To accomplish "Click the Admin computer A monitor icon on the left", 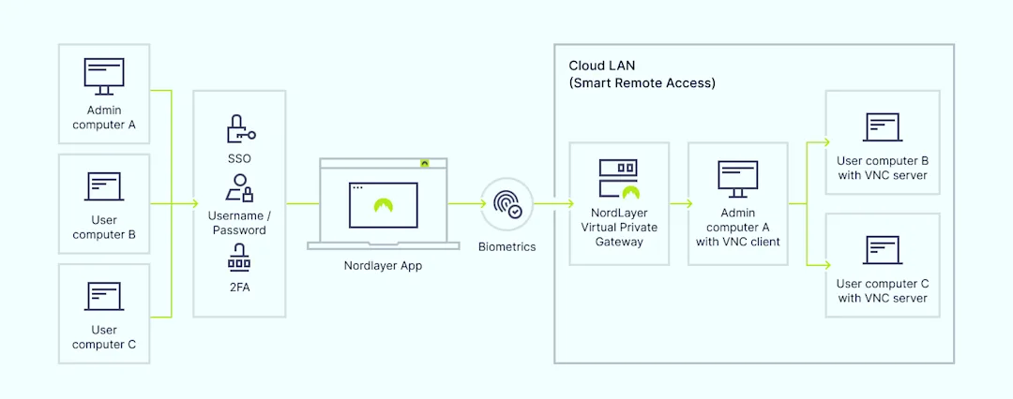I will [103, 75].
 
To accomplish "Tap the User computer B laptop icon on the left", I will [103, 186].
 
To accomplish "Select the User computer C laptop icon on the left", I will [103, 296].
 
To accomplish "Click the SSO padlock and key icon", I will [239, 128].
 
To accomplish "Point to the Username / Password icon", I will [239, 188].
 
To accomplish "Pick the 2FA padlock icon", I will [239, 256].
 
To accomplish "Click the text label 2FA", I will [239, 288].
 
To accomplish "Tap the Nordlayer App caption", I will [383, 266].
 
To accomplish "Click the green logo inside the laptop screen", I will [383, 205].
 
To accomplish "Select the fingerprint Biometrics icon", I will [507, 203].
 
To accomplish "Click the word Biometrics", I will [507, 247].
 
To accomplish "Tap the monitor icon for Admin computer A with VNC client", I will [737, 179].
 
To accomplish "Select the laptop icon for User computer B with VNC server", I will [882, 126].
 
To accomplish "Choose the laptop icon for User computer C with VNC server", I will [882, 249].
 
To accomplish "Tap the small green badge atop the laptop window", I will [425, 163].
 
